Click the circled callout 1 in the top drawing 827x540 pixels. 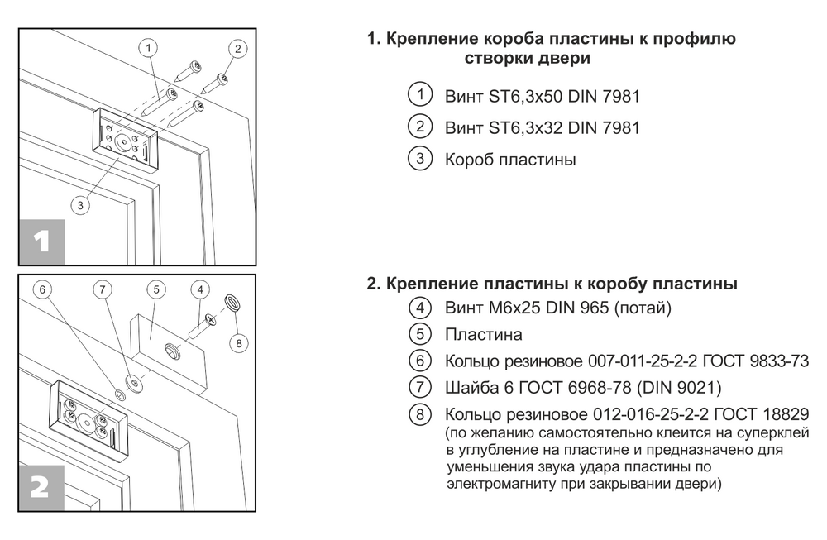pyautogui.click(x=148, y=48)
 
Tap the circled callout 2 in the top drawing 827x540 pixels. pyautogui.click(x=237, y=48)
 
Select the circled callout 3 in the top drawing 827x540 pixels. pyautogui.click(x=80, y=205)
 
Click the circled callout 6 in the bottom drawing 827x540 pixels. pyautogui.click(x=45, y=289)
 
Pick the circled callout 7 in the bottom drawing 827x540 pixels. pyautogui.click(x=101, y=289)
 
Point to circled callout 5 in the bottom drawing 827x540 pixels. pyautogui.click(x=157, y=289)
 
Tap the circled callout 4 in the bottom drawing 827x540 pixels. pyautogui.click(x=199, y=289)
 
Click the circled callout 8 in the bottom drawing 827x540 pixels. pyautogui.click(x=238, y=342)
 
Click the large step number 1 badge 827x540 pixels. pyautogui.click(x=41, y=241)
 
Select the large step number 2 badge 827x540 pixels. pyautogui.click(x=41, y=487)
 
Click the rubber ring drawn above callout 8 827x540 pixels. pyautogui.click(x=233, y=302)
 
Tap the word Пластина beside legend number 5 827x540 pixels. pyautogui.click(x=484, y=335)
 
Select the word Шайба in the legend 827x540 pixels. pyautogui.click(x=471, y=387)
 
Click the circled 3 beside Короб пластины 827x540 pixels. pyautogui.click(x=421, y=159)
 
